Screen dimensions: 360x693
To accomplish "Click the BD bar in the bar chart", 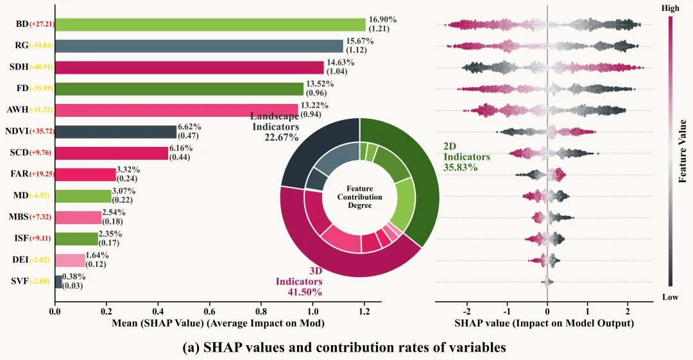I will click(x=210, y=24).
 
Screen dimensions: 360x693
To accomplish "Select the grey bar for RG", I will click(x=199, y=46).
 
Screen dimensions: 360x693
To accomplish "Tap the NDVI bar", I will click(x=116, y=132).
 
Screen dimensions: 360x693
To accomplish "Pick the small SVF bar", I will click(x=58, y=282).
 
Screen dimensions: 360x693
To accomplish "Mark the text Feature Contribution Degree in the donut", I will click(x=359, y=196).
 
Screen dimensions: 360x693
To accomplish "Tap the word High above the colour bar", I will click(x=670, y=8).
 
